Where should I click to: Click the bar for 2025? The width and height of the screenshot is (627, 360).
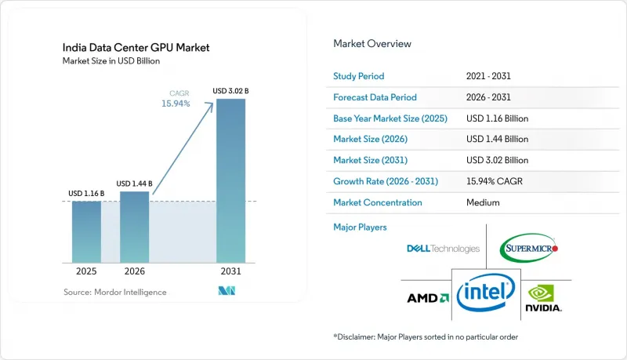(x=86, y=232)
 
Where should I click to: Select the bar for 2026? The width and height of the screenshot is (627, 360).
(x=134, y=227)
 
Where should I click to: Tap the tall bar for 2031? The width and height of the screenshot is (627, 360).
(x=230, y=181)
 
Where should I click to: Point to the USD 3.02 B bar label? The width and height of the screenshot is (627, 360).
(x=230, y=91)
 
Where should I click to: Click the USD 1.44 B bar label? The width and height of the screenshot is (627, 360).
(x=134, y=184)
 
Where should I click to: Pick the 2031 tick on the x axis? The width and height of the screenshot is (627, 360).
(x=230, y=271)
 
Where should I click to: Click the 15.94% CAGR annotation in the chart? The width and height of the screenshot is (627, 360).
(x=176, y=99)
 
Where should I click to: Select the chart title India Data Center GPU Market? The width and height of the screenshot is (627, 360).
(x=136, y=48)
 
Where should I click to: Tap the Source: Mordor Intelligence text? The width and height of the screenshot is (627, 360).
(x=114, y=292)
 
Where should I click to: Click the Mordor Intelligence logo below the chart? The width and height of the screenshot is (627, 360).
(x=227, y=291)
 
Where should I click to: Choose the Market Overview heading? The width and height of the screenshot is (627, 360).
(x=372, y=44)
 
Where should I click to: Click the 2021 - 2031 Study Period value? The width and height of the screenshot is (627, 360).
(x=488, y=76)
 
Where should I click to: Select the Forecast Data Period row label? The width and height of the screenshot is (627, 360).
(x=375, y=97)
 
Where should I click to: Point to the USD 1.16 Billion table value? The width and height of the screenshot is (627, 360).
(x=497, y=118)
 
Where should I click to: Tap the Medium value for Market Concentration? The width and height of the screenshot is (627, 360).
(x=483, y=202)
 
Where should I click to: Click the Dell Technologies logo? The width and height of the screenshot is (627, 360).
(x=443, y=249)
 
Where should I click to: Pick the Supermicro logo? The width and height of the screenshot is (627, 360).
(x=528, y=248)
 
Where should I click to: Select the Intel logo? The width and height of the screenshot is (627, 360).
(x=486, y=293)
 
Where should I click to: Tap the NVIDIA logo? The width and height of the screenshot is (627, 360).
(x=543, y=298)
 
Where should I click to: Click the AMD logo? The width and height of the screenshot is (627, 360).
(x=428, y=298)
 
